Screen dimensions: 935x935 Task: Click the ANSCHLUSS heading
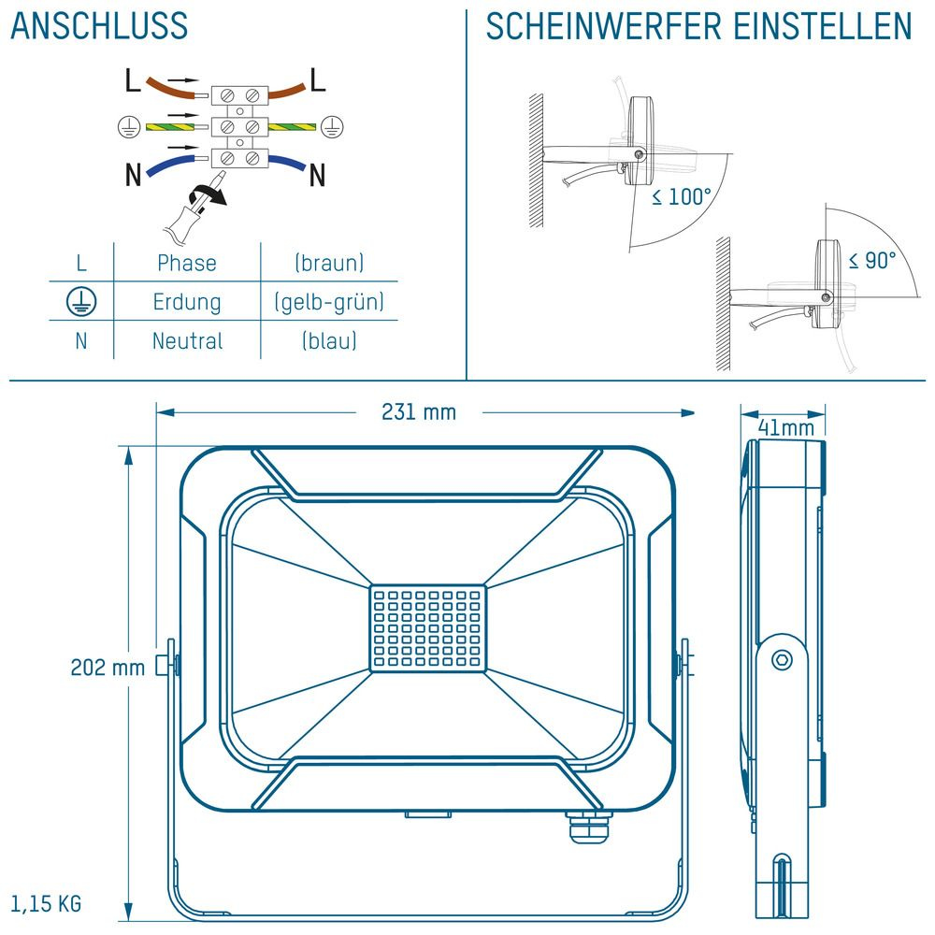(99, 25)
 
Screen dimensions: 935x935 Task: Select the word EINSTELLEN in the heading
(822, 26)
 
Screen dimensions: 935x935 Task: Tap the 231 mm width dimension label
(419, 412)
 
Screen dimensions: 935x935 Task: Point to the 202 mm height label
(108, 668)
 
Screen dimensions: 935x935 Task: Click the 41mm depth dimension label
(786, 427)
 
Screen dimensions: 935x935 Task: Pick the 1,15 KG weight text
(46, 903)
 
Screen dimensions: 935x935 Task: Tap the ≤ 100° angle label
(682, 196)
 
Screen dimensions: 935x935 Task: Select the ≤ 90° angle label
(872, 260)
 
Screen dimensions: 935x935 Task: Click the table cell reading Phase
(187, 263)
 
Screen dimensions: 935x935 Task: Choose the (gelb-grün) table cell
(329, 302)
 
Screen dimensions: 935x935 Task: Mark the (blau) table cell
(329, 341)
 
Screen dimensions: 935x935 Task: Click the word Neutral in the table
(187, 341)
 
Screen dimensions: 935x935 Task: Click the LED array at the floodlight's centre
(428, 628)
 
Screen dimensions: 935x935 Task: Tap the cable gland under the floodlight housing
(587, 826)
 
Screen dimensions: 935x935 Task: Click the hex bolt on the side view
(782, 660)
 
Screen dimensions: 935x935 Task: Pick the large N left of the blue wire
(134, 175)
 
